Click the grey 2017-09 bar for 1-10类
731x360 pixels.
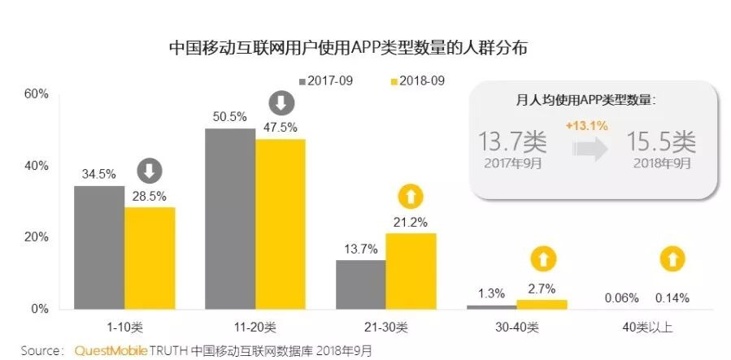click(x=99, y=247)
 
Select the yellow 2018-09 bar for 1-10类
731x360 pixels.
click(x=150, y=258)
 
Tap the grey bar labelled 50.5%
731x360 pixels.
click(x=230, y=219)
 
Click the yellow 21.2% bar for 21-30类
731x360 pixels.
click(x=411, y=271)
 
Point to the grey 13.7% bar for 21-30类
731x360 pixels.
click(x=361, y=284)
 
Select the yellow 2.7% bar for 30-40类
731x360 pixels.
click(x=542, y=305)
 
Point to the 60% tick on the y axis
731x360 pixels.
click(x=37, y=94)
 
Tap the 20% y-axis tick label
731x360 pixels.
click(x=37, y=237)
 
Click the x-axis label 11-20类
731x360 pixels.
click(x=255, y=328)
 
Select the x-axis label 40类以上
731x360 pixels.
click(x=648, y=328)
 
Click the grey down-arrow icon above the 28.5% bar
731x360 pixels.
click(x=150, y=171)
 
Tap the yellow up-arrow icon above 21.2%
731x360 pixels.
click(x=411, y=197)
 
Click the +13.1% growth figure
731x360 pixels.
click(x=587, y=126)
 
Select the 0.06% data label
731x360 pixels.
click(x=623, y=298)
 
